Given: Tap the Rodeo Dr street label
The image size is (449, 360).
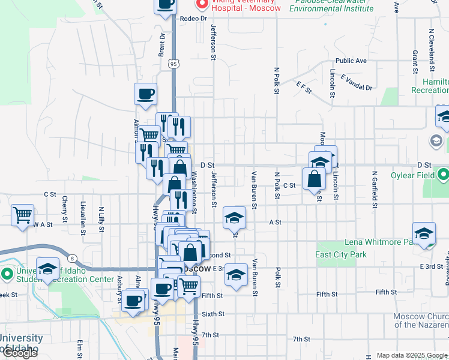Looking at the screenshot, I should click(x=193, y=19).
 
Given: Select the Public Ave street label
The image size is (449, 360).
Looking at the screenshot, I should click(x=351, y=61).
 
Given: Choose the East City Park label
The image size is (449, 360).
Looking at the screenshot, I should click(x=341, y=254).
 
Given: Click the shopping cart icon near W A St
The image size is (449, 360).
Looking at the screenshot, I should click(x=23, y=214).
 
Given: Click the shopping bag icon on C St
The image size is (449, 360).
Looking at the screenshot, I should click(x=315, y=178).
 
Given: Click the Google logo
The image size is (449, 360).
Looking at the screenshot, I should click(x=19, y=353).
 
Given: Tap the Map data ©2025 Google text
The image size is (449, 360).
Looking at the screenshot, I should click(x=411, y=355).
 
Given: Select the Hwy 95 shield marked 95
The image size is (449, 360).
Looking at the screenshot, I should click(x=173, y=63).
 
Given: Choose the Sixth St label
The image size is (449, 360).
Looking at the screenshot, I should click(x=212, y=314).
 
